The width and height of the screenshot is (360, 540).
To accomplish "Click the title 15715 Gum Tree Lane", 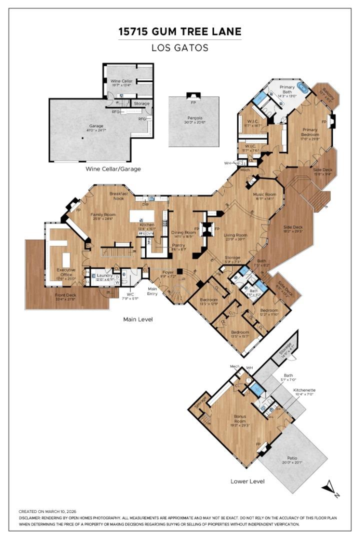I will pyautogui.click(x=179, y=32).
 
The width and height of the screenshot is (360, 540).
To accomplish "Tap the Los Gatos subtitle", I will pyautogui.click(x=179, y=48).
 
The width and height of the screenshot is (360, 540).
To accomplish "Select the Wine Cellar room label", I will pyautogui.click(x=121, y=80).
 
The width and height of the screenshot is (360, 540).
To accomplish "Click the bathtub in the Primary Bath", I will pyautogui.click(x=303, y=88).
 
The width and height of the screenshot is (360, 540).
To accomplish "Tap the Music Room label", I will pyautogui.click(x=264, y=194).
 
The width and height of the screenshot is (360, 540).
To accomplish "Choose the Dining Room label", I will pyautogui.click(x=183, y=232).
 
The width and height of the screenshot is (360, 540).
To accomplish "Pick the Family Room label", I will pyautogui.click(x=103, y=214).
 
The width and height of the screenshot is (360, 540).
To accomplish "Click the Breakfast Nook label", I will pyautogui.click(x=119, y=195).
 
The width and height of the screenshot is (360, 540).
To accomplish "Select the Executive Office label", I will pyautogui.click(x=66, y=272).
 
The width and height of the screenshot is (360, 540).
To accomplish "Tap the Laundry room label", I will pyautogui.click(x=104, y=275).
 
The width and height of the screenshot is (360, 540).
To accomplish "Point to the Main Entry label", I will pyautogui.click(x=152, y=291).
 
